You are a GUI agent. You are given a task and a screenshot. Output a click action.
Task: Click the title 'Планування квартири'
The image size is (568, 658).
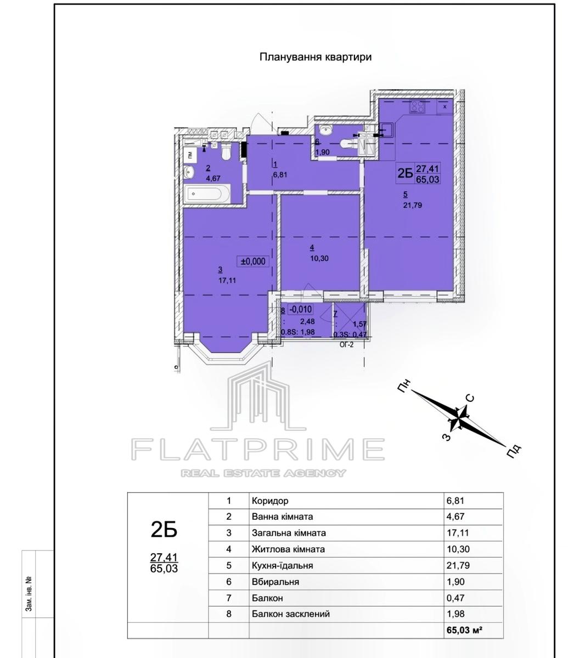tap(316, 57)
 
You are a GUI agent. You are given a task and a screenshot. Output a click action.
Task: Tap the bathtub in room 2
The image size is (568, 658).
tap(207, 193)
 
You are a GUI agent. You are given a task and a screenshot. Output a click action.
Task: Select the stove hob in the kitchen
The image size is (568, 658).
tap(418, 106)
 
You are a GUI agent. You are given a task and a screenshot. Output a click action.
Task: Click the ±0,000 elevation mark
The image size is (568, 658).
tap(253, 262)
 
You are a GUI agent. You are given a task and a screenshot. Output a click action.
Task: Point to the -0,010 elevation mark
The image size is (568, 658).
tap(300, 309)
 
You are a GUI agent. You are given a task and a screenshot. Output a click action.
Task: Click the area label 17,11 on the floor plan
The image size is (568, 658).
tap(227, 280)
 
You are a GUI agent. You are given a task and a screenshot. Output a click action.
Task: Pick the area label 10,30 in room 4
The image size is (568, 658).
tap(319, 258)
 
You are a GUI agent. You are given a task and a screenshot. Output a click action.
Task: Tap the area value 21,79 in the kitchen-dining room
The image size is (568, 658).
tap(413, 205)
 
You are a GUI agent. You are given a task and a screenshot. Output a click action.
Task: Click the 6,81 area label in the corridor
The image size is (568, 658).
tap(280, 175)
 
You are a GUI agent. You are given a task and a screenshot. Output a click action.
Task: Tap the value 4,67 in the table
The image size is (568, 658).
tap(455, 517)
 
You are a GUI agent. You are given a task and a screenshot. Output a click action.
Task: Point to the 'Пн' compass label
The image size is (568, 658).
tap(404, 387)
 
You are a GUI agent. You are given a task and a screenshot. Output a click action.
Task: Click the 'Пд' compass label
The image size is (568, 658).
tap(514, 451)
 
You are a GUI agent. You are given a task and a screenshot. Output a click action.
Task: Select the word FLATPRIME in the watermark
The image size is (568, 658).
tap(258, 449)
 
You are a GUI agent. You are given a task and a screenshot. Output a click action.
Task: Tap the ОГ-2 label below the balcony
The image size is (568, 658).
tap(347, 344)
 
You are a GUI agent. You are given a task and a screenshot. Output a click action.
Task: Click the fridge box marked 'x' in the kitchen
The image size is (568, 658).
tap(445, 107)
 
